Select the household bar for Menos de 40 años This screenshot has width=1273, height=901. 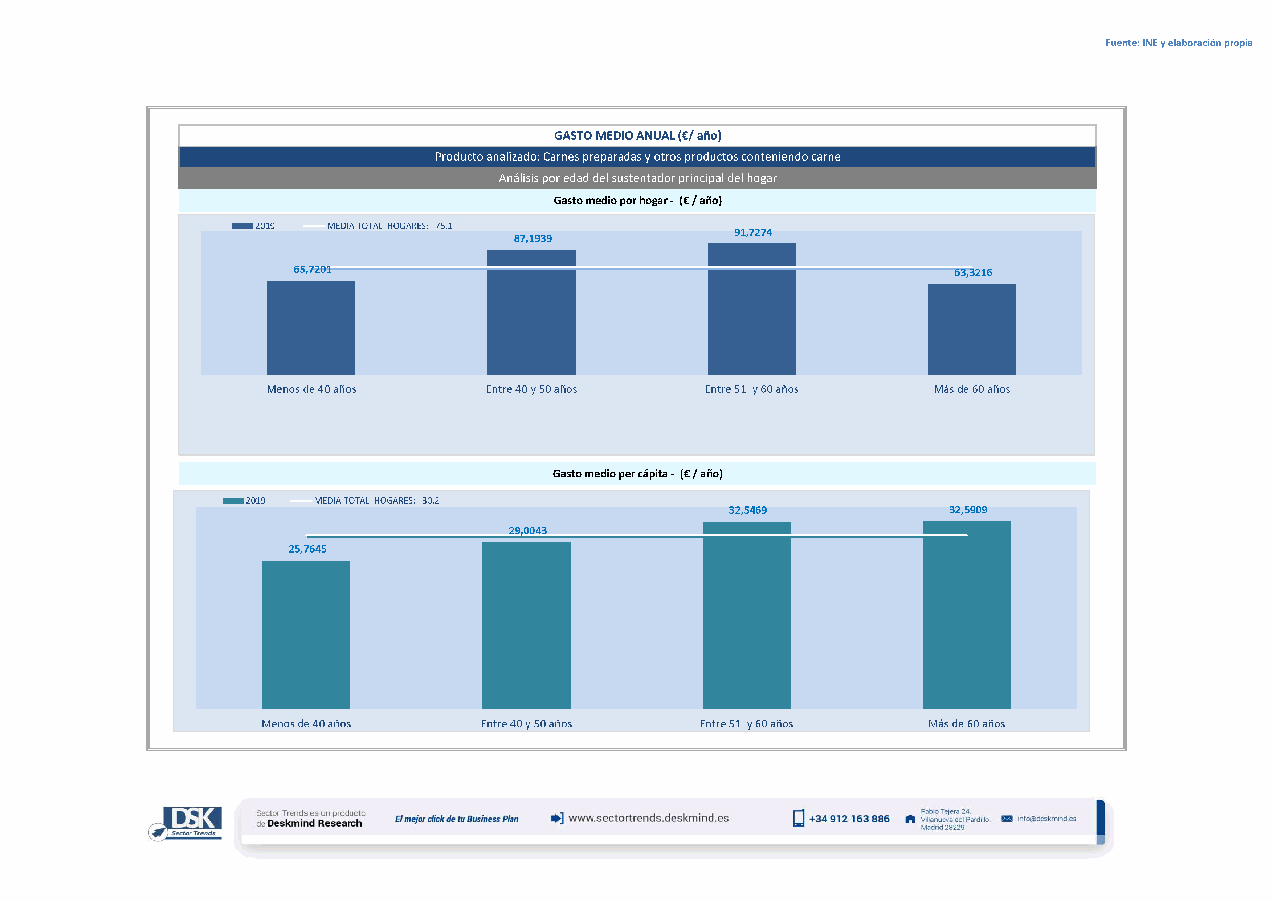(x=311, y=327)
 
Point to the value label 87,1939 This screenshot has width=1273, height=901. (x=533, y=239)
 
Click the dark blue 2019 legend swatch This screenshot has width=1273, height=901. (x=242, y=226)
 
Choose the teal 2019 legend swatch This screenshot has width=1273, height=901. (x=233, y=500)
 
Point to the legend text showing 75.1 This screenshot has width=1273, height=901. (x=444, y=226)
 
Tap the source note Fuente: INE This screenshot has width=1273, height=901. (x=1178, y=43)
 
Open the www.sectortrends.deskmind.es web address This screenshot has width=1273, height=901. (x=649, y=818)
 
